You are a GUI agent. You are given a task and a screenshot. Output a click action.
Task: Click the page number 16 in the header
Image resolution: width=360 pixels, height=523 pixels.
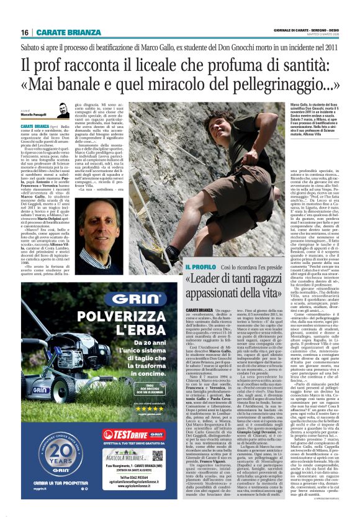(25, 32)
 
